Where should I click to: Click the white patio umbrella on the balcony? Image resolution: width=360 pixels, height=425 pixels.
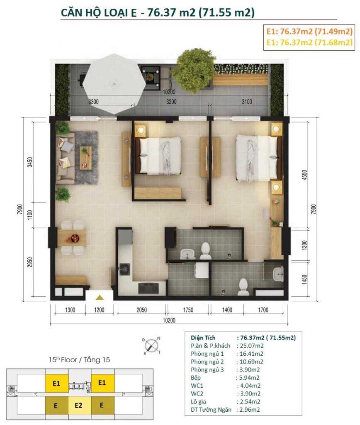tap(114, 84)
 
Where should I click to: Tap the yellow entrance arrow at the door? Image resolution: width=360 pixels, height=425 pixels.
tap(100, 297)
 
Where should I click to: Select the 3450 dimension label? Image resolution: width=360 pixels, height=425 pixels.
tap(30, 162)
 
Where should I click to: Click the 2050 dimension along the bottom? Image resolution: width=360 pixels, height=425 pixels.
tap(141, 310)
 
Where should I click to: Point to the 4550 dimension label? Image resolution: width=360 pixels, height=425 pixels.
tap(304, 175)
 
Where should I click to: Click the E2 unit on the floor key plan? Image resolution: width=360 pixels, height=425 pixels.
tap(78, 405)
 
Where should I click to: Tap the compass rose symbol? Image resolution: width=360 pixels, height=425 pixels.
tap(151, 346)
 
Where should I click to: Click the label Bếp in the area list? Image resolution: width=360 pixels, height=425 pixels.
tap(196, 378)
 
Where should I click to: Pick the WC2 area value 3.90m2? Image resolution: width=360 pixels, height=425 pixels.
tap(250, 393)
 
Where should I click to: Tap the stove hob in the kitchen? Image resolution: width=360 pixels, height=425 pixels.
tap(148, 288)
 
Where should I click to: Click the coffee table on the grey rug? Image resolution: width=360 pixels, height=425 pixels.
tap(85, 158)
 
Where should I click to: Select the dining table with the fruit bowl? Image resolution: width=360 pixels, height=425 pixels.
tap(72, 238)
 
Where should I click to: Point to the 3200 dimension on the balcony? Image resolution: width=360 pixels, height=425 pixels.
tap(171, 102)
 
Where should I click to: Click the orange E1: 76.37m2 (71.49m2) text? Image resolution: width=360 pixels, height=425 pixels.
tap(309, 32)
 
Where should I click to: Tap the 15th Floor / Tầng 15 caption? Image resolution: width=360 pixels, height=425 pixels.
tap(79, 360)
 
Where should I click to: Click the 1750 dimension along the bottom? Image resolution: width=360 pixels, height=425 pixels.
tap(188, 310)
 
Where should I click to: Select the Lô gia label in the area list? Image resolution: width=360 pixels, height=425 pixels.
tap(198, 402)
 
